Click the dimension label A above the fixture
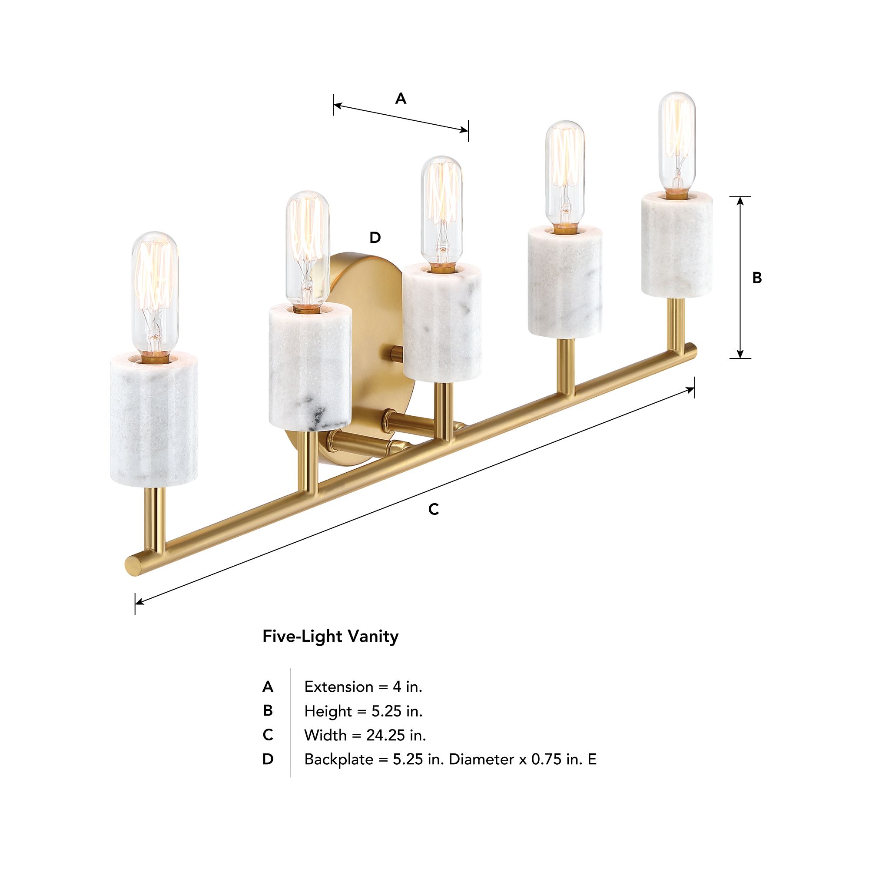[400, 99]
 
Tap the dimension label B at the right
[757, 278]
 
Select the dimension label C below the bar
[433, 509]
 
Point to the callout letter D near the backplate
[375, 238]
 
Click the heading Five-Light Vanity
[331, 637]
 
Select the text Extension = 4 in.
[363, 687]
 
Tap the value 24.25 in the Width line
[384, 735]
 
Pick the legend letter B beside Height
[268, 711]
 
